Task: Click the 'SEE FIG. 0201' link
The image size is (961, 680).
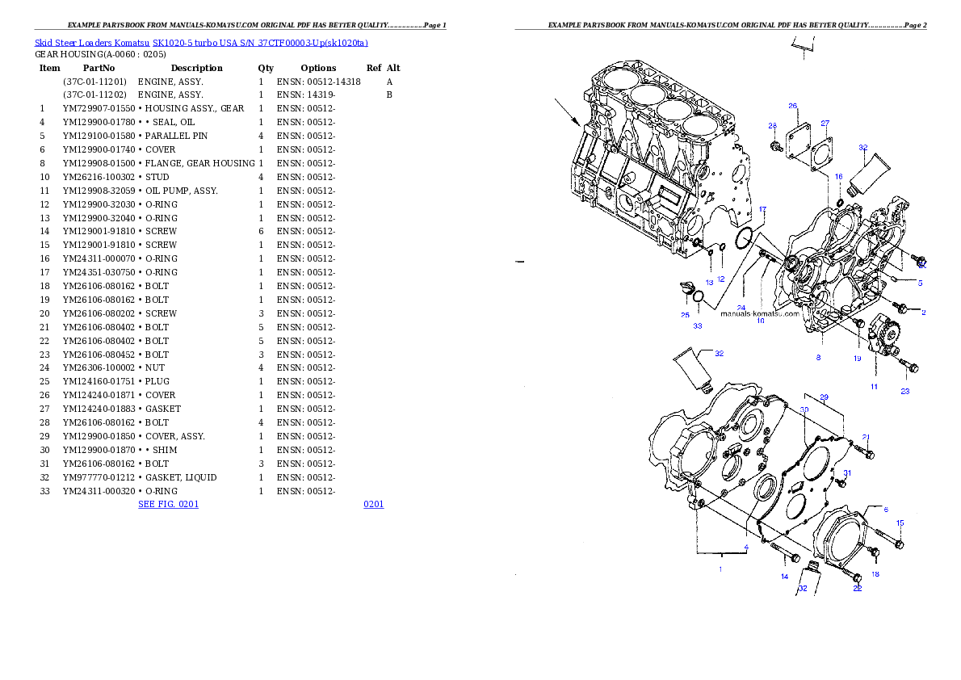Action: point(169,504)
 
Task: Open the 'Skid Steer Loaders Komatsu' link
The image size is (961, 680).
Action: point(92,43)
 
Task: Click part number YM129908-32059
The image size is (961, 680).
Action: point(99,191)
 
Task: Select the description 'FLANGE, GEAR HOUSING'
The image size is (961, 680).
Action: point(199,163)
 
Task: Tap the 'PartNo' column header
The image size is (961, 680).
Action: point(99,68)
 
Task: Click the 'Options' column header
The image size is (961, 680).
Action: point(318,68)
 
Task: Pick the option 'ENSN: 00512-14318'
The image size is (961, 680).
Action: point(319,82)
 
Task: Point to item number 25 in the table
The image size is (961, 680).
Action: point(44,381)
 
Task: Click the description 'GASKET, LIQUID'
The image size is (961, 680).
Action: point(181,477)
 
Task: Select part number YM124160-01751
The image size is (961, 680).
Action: point(99,381)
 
